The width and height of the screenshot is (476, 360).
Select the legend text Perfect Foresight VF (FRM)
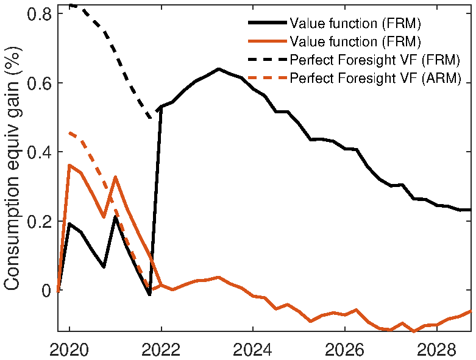tap(374, 60)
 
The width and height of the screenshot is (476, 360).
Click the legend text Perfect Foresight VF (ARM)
tap(374, 79)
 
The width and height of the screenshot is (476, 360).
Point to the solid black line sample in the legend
tap(267, 24)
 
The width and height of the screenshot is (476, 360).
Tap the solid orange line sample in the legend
tap(267, 42)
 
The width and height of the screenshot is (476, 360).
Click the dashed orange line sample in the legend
tap(267, 79)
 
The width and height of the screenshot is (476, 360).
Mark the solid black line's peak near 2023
tap(218, 69)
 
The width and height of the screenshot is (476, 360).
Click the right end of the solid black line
tap(471, 210)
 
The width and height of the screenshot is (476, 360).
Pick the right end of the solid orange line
tap(471, 311)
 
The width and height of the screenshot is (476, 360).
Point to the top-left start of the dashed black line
tap(69, 5)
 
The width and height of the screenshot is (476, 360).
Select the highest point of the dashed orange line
tap(69, 132)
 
